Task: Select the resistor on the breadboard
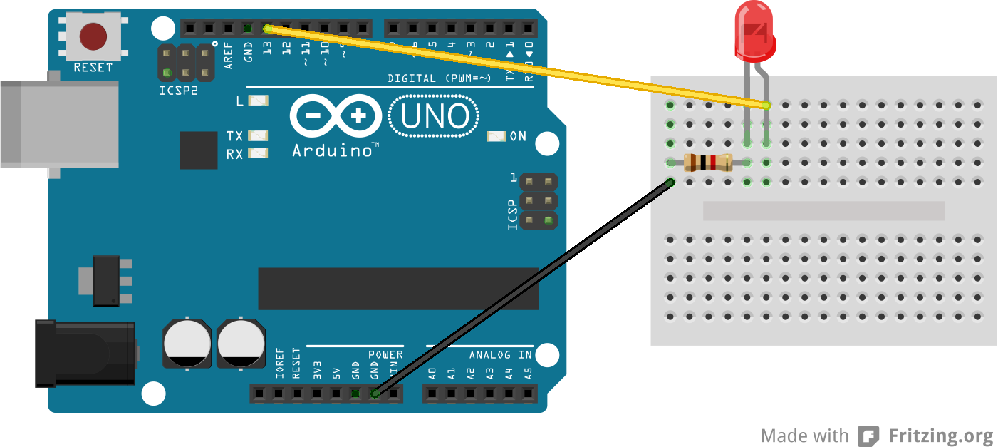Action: click(707, 163)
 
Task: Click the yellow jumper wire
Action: click(513, 66)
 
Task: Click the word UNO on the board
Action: click(435, 117)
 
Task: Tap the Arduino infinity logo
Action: click(336, 116)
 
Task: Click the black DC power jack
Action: click(85, 354)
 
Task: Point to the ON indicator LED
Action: click(497, 136)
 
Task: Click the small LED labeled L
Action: click(258, 101)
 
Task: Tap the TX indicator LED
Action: click(258, 135)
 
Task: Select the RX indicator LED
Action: click(258, 153)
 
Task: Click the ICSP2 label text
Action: click(178, 91)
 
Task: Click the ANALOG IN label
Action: click(500, 354)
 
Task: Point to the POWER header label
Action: click(385, 354)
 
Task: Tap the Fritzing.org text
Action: click(940, 436)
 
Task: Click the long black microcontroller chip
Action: click(397, 289)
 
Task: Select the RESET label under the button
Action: click(93, 68)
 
